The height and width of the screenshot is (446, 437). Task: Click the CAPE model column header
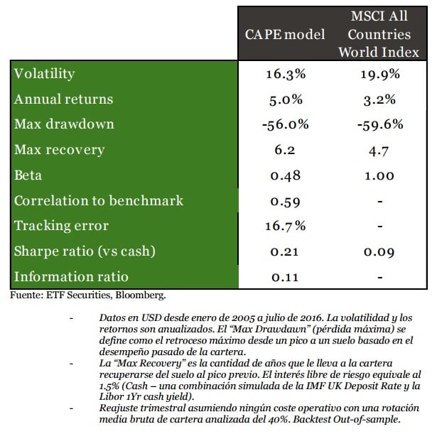pyautogui.click(x=284, y=34)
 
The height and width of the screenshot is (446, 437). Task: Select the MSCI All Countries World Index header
pyautogui.click(x=379, y=34)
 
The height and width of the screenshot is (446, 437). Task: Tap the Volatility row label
pyautogui.click(x=44, y=74)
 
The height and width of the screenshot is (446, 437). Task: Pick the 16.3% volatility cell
pyautogui.click(x=286, y=74)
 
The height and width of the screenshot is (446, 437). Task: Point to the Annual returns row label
pyautogui.click(x=63, y=99)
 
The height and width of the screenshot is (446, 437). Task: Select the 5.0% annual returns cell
pyautogui.click(x=286, y=99)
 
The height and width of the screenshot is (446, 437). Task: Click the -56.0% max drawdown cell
pyautogui.click(x=286, y=124)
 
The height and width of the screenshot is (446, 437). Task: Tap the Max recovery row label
pyautogui.click(x=59, y=150)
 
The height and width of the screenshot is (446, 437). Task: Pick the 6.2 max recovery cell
pyautogui.click(x=286, y=150)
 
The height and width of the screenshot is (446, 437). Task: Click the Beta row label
pyautogui.click(x=29, y=175)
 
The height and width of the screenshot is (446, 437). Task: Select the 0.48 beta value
pyautogui.click(x=286, y=175)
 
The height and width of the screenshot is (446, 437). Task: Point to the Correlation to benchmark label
pyautogui.click(x=99, y=200)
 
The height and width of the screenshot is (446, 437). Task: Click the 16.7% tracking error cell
pyautogui.click(x=286, y=226)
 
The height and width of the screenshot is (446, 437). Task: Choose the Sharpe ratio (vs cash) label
pyautogui.click(x=85, y=251)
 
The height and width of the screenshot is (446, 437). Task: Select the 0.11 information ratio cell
pyautogui.click(x=286, y=276)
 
